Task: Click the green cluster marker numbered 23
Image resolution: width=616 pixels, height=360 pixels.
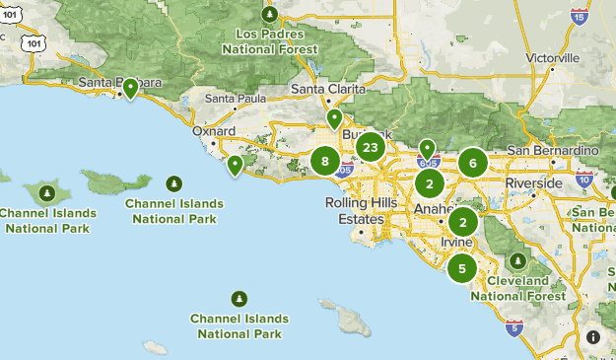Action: [x=370, y=149]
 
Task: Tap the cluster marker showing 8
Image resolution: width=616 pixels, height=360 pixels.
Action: [x=324, y=161]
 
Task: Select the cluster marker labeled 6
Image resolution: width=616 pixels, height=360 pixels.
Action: [x=473, y=164]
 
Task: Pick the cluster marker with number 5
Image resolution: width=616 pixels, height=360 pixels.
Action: [x=461, y=267]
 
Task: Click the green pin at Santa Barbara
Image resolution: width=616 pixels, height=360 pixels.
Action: [x=130, y=89]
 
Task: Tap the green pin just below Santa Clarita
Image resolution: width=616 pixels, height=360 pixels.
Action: [x=334, y=118]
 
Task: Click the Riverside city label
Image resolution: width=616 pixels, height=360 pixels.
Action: [x=533, y=183]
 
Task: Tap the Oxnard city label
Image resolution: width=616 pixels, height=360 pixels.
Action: [x=214, y=130]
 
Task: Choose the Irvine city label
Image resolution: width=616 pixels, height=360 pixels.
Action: [x=457, y=242]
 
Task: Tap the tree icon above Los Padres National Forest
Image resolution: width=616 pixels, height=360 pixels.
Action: [x=270, y=15]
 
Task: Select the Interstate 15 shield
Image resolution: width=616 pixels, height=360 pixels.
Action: [x=580, y=16]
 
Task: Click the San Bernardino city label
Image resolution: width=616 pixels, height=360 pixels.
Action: [x=553, y=150]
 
